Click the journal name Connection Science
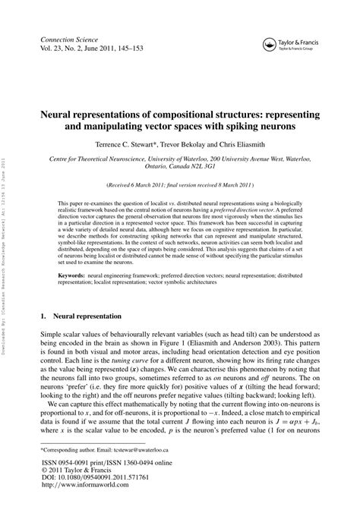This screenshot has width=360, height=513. tap(66, 37)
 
